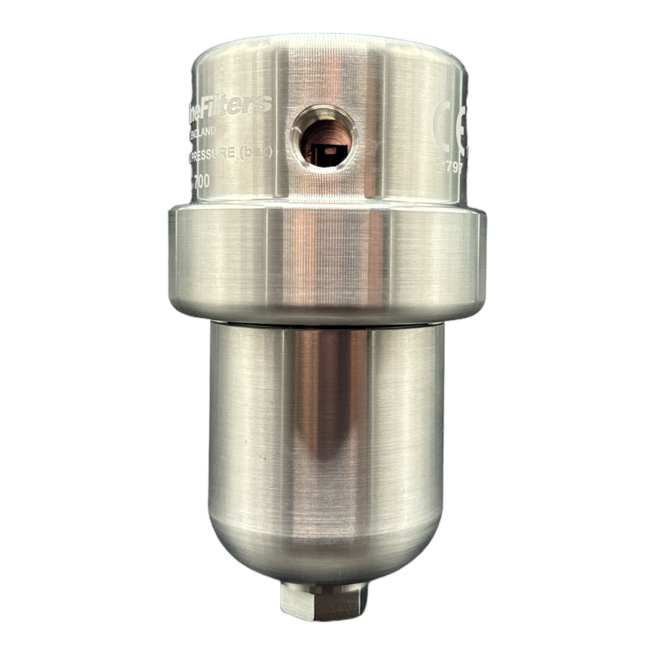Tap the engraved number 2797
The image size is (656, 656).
click(x=450, y=167)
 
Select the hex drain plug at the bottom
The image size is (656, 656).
click(x=323, y=599)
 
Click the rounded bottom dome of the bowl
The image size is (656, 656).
click(x=324, y=551)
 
